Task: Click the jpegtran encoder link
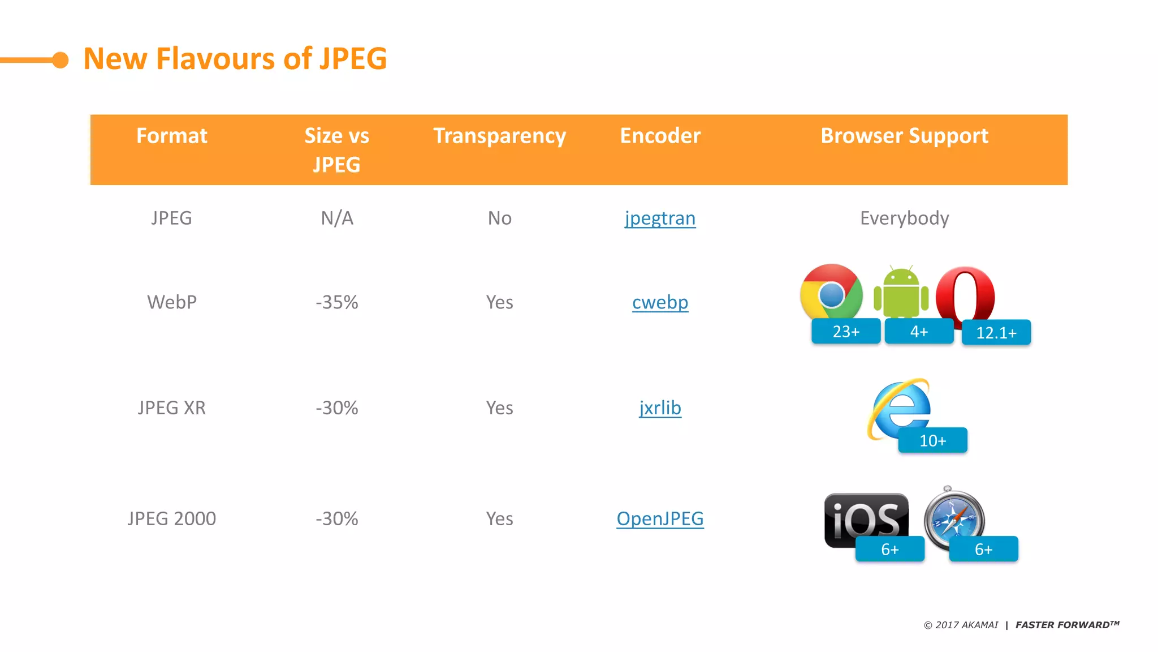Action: [660, 218]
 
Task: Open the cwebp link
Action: [660, 302]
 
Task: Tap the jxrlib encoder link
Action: [660, 408]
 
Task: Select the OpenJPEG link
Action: [660, 518]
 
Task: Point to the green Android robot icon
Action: [901, 291]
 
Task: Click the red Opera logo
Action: [965, 294]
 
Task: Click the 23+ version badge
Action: [846, 331]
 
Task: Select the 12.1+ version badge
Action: [996, 333]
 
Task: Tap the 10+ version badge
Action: [932, 440]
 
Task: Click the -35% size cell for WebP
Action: [337, 302]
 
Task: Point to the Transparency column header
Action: [499, 136]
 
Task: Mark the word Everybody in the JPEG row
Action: [904, 218]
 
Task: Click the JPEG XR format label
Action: [171, 408]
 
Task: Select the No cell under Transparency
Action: [499, 218]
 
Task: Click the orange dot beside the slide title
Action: [61, 60]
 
